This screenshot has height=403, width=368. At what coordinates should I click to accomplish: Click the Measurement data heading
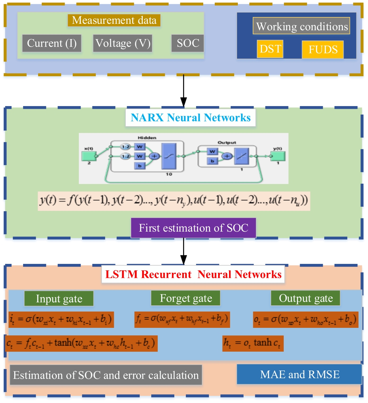(x=114, y=20)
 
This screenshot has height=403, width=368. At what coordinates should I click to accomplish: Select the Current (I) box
(x=52, y=44)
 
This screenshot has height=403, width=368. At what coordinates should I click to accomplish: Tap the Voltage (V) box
(x=123, y=44)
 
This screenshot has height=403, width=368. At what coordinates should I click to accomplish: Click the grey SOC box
(x=188, y=44)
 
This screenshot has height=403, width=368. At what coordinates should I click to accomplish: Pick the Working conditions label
(x=302, y=27)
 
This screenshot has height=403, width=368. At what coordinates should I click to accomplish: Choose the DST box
(x=270, y=49)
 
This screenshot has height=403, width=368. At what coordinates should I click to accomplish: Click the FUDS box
(x=323, y=50)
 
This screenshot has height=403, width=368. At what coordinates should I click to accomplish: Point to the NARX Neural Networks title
(x=191, y=118)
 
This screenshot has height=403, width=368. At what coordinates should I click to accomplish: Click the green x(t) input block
(x=89, y=156)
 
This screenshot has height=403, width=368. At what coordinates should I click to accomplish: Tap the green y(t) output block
(x=278, y=156)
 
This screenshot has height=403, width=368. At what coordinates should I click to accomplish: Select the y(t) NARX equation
(x=174, y=201)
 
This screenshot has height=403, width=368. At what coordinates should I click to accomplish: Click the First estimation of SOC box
(x=193, y=228)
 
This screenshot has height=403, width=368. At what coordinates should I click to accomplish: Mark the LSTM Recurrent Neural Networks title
(x=193, y=274)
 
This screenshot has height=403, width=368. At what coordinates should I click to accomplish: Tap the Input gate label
(x=59, y=299)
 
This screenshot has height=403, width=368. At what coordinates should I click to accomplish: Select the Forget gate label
(x=186, y=299)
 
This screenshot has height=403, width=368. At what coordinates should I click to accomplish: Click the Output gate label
(x=306, y=299)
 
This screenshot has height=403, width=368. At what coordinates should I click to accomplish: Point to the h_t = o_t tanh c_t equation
(x=253, y=343)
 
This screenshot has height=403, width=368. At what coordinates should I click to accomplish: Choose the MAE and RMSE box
(x=299, y=374)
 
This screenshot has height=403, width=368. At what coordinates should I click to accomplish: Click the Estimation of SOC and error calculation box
(x=106, y=375)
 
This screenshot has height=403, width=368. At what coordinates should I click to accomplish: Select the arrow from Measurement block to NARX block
(x=183, y=90)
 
